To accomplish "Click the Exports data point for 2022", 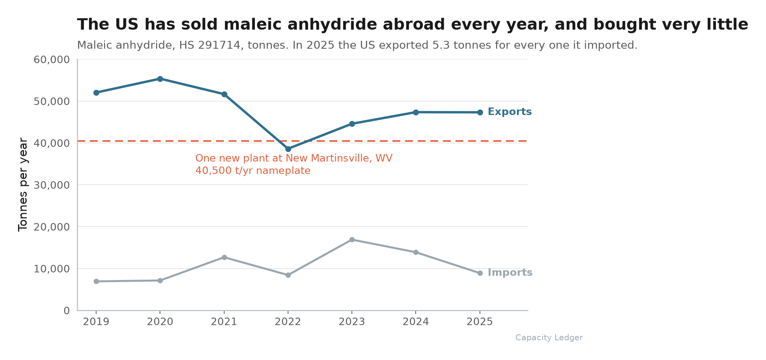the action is [x=288, y=149].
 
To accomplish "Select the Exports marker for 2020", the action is [x=160, y=79].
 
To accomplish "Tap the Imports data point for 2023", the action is [x=352, y=239].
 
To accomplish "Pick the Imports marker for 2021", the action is [x=224, y=257].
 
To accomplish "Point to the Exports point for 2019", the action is [x=96, y=93].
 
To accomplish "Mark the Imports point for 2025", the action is [x=480, y=273].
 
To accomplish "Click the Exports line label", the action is [x=509, y=112].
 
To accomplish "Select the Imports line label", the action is [x=510, y=273].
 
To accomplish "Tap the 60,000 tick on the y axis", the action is [x=52, y=60].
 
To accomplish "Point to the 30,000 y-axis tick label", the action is [x=52, y=185].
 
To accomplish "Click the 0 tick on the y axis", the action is [x=67, y=311].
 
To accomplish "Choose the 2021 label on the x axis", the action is [x=224, y=322].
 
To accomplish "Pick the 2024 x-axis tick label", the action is [x=416, y=322].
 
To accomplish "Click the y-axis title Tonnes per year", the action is [x=23, y=185].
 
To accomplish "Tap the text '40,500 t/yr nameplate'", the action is [x=253, y=171].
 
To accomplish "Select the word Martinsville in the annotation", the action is [x=339, y=158].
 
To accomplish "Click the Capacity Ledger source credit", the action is [x=549, y=338].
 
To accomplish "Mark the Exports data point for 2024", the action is [x=416, y=112].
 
